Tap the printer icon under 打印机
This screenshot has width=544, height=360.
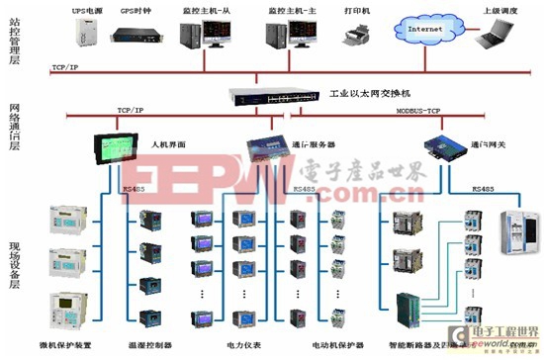355,38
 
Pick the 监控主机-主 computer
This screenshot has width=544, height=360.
286,36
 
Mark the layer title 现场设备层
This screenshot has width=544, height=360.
15,267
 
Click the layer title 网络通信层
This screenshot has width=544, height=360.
15,125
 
